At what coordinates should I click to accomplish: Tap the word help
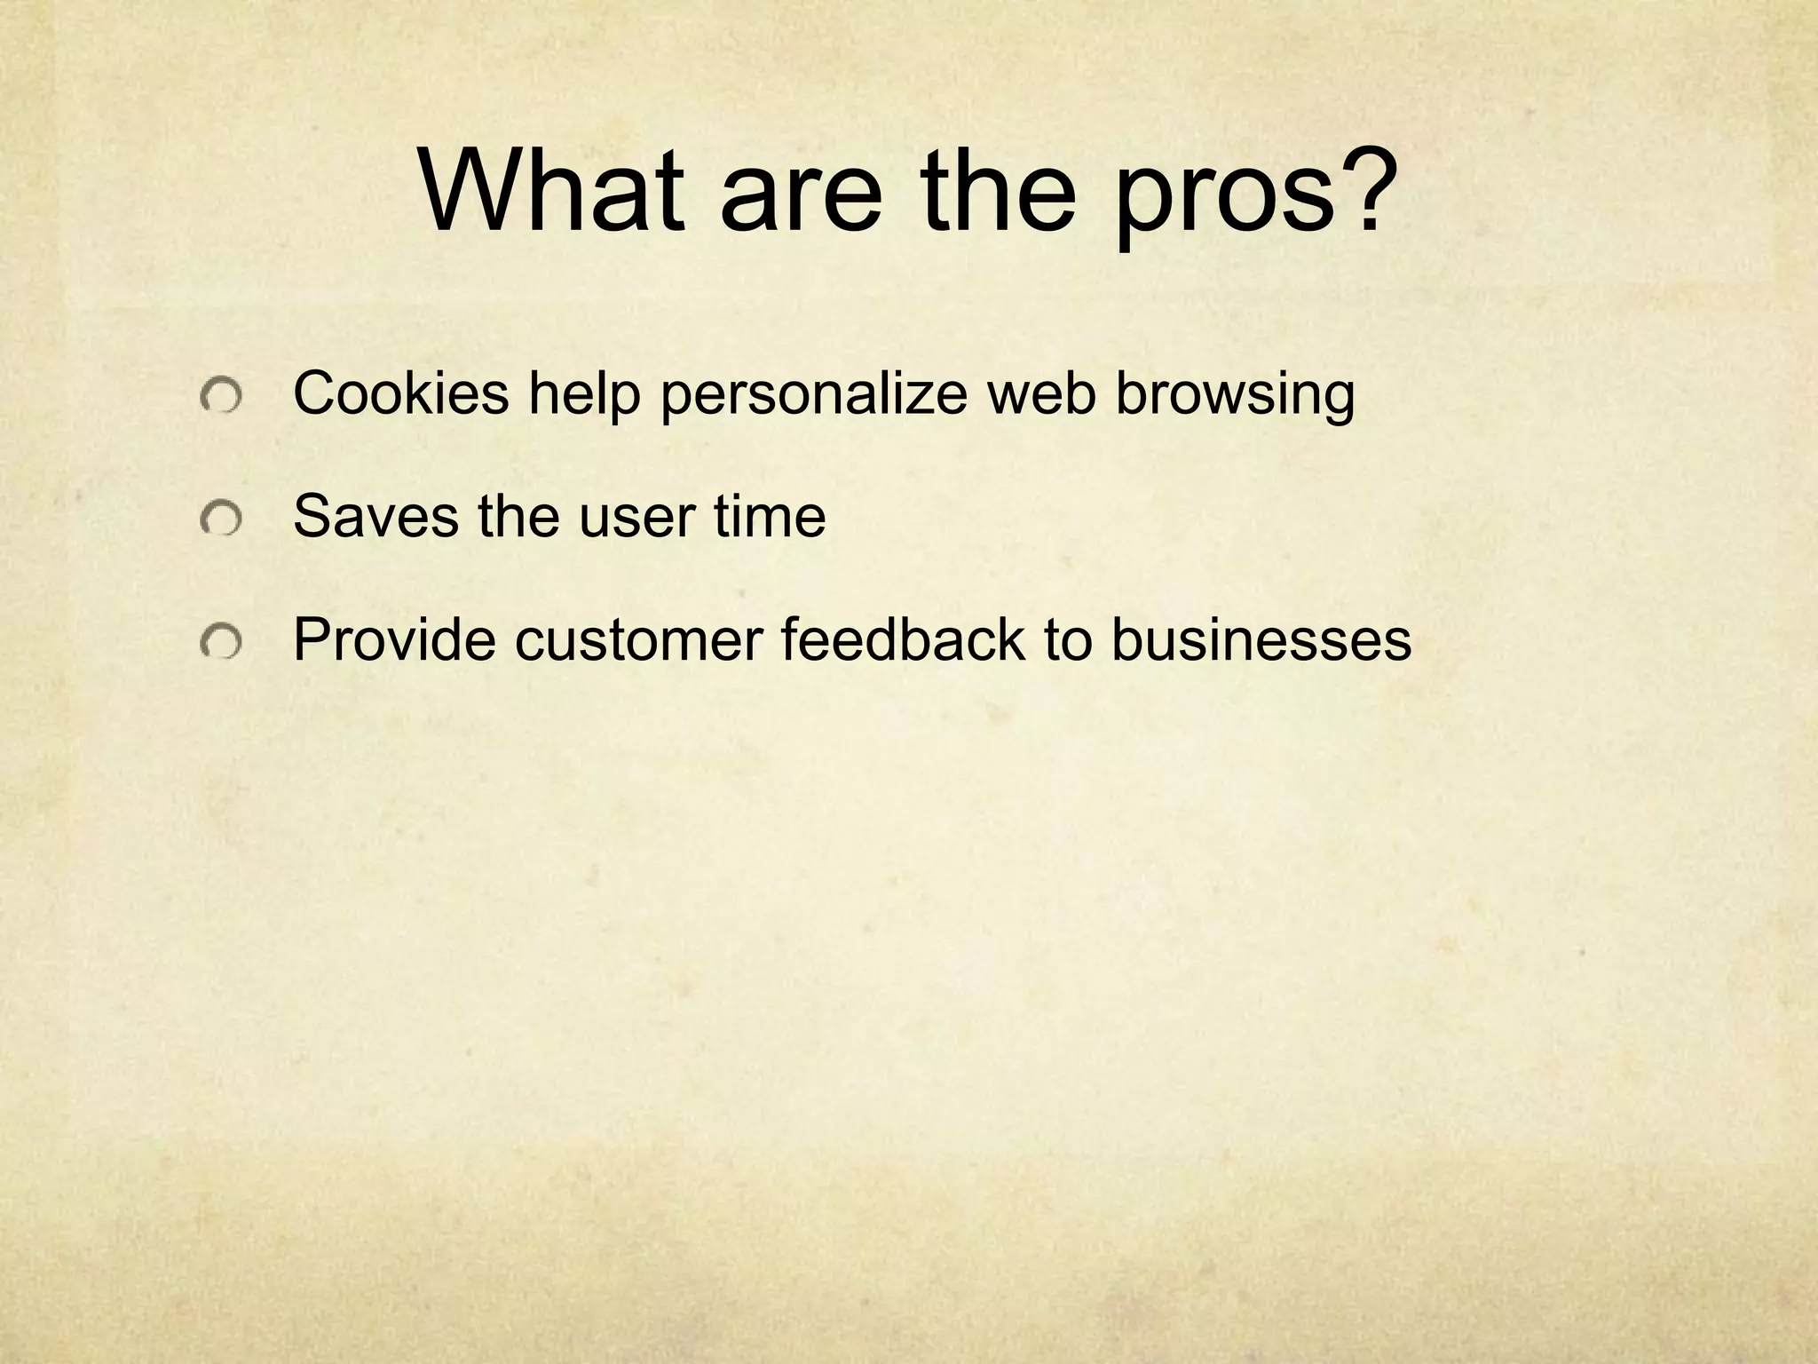tap(584, 395)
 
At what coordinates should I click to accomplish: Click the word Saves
tap(376, 517)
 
